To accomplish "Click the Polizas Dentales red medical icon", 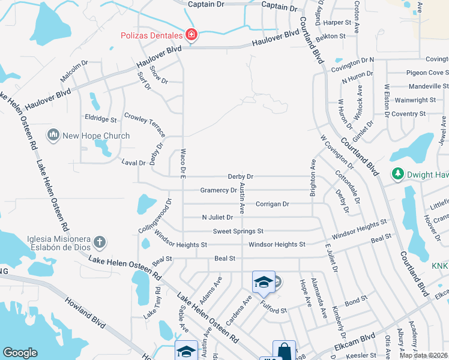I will pyautogui.click(x=191, y=36).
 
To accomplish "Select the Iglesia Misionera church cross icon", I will pyautogui.click(x=100, y=242).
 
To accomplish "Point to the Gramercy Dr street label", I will pyautogui.click(x=218, y=191).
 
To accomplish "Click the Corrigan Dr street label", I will pyautogui.click(x=273, y=204).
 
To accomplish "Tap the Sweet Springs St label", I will pyautogui.click(x=238, y=231).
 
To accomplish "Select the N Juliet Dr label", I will pyautogui.click(x=217, y=217).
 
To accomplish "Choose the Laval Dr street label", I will pyautogui.click(x=133, y=163).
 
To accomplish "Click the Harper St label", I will pyautogui.click(x=337, y=22).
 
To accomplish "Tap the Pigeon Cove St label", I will pyautogui.click(x=416, y=73).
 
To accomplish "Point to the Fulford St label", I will pyautogui.click(x=274, y=305).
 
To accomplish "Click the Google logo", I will pyautogui.click(x=20, y=352).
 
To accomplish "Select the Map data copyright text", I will pyautogui.click(x=424, y=355).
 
